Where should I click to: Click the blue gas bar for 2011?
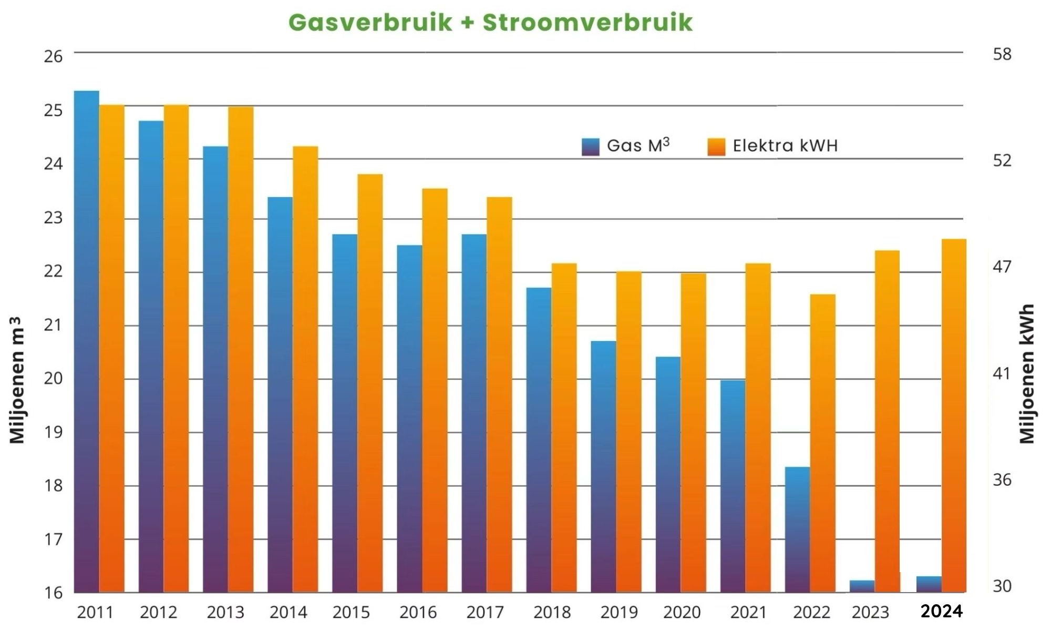[x=87, y=342]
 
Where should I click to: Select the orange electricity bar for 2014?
[x=305, y=368]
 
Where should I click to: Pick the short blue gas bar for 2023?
[x=862, y=586]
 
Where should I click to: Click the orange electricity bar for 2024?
[x=954, y=415]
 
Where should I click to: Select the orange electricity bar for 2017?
[x=499, y=394]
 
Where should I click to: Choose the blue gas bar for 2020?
[x=668, y=473]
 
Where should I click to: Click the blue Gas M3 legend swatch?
[x=591, y=147]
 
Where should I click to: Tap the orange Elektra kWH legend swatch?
[x=716, y=147]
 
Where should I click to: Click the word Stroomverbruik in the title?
[x=588, y=23]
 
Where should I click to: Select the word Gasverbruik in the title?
[x=370, y=23]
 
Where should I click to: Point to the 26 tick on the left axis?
[x=53, y=56]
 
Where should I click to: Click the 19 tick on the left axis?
[x=53, y=432]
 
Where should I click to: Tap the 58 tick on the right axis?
[x=1002, y=54]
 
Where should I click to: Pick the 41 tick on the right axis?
[x=1002, y=374]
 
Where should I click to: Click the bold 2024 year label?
[x=942, y=611]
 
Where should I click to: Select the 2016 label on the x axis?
[x=418, y=612]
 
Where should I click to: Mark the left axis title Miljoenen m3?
[x=17, y=380]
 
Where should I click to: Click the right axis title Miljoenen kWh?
[x=1027, y=374]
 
